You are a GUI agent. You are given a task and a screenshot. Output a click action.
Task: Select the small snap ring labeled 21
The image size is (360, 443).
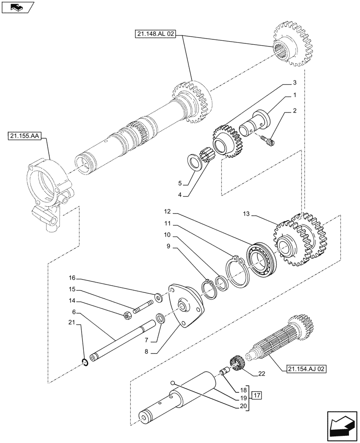86,363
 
